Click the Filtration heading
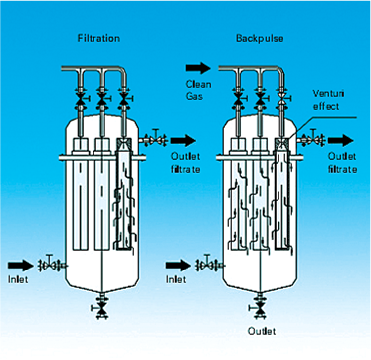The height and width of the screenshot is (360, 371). click(98, 38)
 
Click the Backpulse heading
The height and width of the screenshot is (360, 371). click(260, 38)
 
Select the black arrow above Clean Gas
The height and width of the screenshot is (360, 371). click(198, 68)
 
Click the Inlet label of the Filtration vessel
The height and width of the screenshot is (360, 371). click(18, 279)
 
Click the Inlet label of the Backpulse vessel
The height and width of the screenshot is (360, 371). click(176, 279)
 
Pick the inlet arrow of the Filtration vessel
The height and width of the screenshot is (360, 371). click(21, 265)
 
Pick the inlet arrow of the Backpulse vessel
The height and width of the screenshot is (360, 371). click(178, 265)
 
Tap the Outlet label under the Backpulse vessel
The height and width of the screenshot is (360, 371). click(262, 331)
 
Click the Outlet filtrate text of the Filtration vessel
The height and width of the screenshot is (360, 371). click(186, 163)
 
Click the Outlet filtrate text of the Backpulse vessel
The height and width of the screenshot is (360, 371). click(343, 163)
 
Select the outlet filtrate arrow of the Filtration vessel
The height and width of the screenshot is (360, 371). click(183, 140)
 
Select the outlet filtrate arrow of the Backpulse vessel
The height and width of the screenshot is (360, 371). click(341, 140)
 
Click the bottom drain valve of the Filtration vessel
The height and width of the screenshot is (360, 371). click(101, 307)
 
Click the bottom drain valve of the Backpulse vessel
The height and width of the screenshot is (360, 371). click(259, 307)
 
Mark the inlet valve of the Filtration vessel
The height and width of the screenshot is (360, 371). click(51, 263)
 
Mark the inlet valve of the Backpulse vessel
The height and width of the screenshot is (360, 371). click(208, 263)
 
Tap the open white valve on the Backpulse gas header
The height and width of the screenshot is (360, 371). click(283, 98)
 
